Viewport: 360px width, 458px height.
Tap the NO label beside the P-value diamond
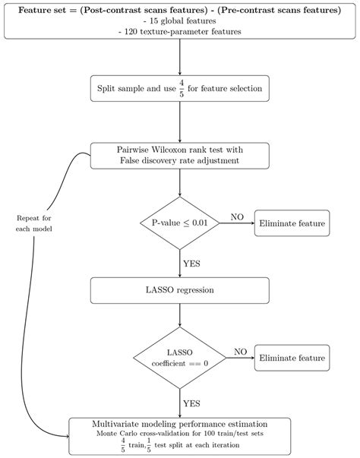237,217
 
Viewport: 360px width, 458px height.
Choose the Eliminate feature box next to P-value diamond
292,223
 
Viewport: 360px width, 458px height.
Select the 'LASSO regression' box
180,290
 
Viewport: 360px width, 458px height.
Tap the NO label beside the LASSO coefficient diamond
240,352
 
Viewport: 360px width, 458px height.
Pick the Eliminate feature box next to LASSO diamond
292,358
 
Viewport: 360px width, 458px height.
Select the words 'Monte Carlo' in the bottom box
118,433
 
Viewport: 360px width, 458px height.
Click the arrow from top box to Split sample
180,57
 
